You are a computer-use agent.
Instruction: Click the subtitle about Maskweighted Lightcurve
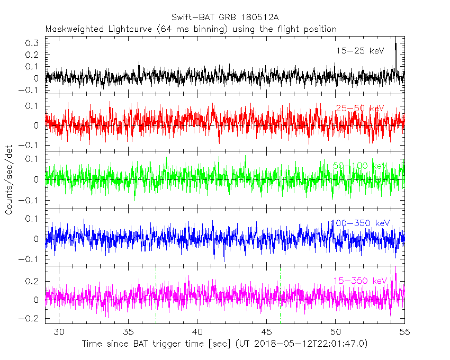tap(191, 29)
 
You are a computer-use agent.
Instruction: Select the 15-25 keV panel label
tap(359, 51)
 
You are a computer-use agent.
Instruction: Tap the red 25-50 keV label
tap(359, 109)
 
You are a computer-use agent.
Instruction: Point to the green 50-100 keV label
tap(361, 166)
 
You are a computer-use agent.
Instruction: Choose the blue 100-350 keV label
tap(359, 223)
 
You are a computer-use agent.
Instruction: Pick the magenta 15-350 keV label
tap(359, 281)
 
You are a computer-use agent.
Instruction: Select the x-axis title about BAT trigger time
tap(224, 344)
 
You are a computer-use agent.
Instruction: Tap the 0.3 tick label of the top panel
tap(33, 43)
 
